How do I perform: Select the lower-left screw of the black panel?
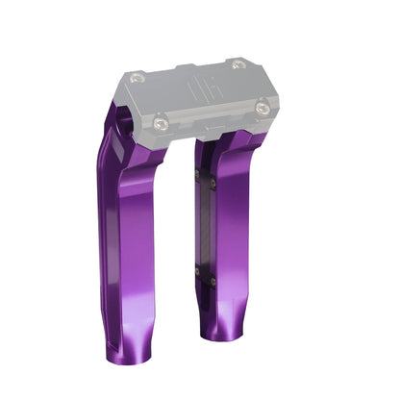[x=199, y=272]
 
